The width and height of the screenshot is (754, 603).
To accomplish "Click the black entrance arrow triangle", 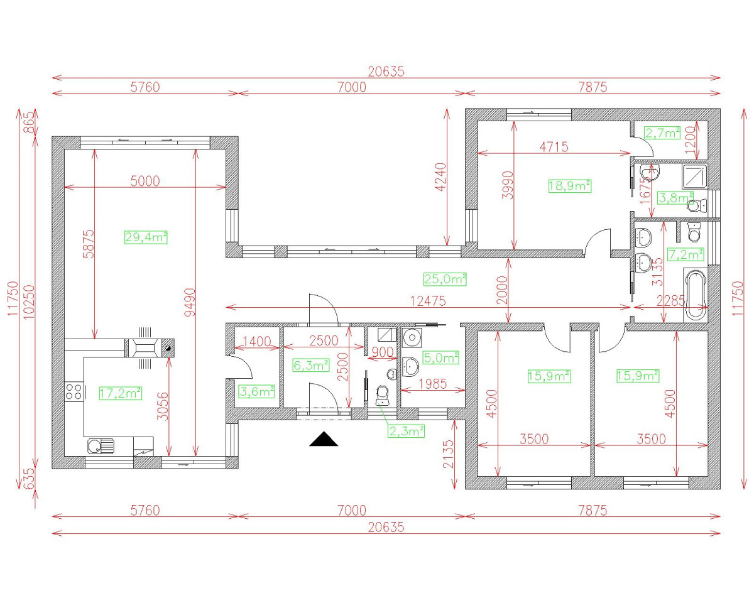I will point(324,439).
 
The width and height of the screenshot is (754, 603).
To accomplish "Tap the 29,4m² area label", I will point(146,237).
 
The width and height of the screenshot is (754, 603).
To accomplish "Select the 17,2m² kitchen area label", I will point(120,393).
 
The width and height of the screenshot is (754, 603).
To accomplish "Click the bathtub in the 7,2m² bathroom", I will point(696,295).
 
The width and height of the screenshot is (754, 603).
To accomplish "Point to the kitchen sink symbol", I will point(101,446).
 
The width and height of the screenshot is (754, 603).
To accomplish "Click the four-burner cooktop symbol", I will point(74,393).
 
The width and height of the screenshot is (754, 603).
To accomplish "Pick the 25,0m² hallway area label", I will point(445,279).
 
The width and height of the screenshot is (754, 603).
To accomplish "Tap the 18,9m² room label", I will point(569,185).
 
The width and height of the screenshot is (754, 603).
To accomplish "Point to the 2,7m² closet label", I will point(662,133).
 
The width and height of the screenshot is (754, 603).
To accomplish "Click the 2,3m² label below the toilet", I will point(405,430).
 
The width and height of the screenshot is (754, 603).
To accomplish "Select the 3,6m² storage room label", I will point(258,391).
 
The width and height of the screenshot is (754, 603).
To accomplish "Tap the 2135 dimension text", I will point(447,454).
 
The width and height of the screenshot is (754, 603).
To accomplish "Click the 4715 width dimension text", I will point(554,146).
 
